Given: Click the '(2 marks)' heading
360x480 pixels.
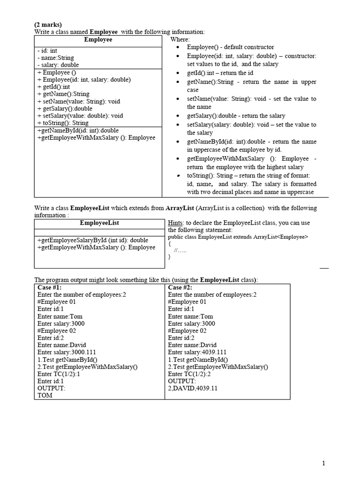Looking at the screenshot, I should pos(48,24).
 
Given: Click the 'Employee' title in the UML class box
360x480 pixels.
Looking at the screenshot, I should pos(98,40).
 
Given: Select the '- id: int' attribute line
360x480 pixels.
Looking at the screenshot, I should pos(47,51).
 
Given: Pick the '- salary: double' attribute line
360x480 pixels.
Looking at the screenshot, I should pos(58,65).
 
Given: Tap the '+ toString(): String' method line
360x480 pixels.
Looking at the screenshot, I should pos(62,123).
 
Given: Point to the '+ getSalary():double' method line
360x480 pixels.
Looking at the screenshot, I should pos(65,108).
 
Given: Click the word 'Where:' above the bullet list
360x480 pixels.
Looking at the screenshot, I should pos(180,40).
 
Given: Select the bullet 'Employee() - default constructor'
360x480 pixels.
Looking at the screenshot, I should pos(230,47).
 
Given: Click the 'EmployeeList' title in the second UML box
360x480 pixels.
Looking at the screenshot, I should pos(99,223).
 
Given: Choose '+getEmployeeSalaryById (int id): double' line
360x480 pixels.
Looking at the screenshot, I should pos(92,240).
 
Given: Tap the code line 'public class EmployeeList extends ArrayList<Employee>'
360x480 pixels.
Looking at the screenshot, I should pos(238,237).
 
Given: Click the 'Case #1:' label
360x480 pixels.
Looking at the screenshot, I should pos(49,287).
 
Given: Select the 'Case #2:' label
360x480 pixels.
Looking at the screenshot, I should pos(180,287).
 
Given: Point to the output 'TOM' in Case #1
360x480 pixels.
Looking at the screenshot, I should pos(45,395).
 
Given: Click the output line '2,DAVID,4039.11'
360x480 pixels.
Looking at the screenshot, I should pos(193,388).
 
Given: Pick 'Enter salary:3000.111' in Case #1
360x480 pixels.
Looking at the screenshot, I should pos(68,352).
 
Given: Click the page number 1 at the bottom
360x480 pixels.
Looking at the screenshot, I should pos(323,463).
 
